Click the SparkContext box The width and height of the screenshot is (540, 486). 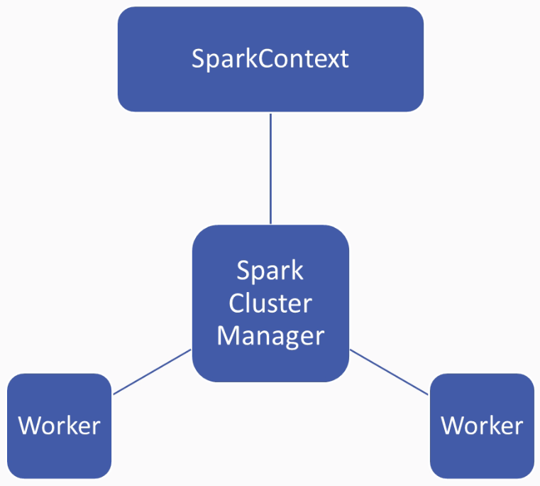pyautogui.click(x=270, y=59)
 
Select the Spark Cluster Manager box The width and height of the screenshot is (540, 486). pyautogui.click(x=270, y=303)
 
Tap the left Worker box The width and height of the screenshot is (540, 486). pyautogui.click(x=59, y=426)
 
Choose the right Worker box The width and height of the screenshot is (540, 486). pyautogui.click(x=482, y=426)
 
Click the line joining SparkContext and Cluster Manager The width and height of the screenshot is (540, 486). pyautogui.click(x=270, y=168)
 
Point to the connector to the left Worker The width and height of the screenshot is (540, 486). pyautogui.click(x=153, y=372)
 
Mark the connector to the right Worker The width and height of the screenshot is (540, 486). pyautogui.click(x=389, y=372)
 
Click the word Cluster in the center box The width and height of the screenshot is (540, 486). pyautogui.click(x=270, y=303)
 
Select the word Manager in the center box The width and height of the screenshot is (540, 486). pyautogui.click(x=270, y=336)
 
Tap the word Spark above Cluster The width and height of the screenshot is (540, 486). pyautogui.click(x=270, y=271)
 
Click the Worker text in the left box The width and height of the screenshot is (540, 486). pyautogui.click(x=59, y=426)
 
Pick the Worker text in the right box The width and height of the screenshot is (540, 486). pyautogui.click(x=482, y=426)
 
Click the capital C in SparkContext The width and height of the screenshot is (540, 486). pyautogui.click(x=265, y=59)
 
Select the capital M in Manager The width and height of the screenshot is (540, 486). pyautogui.click(x=226, y=335)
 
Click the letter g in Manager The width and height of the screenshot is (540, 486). pyautogui.click(x=294, y=340)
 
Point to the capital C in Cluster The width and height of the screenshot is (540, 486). pyautogui.click(x=236, y=303)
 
